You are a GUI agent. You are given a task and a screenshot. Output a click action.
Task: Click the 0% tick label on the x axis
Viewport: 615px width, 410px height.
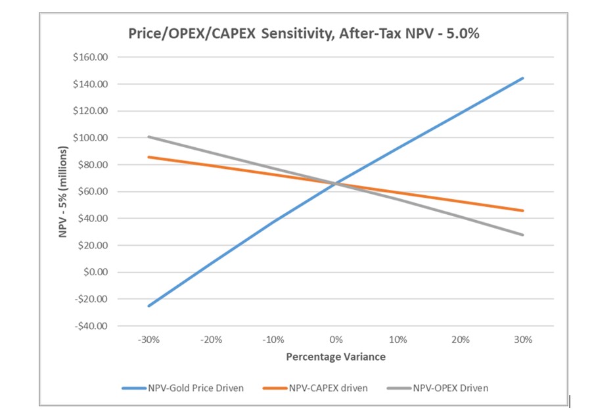tap(336, 340)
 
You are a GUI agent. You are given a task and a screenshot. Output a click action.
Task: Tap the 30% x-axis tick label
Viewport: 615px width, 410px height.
tap(523, 340)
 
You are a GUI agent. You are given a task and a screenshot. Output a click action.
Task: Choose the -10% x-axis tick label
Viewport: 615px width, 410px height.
tap(273, 340)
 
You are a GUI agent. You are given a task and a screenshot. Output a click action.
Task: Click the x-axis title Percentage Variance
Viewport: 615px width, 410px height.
tap(336, 357)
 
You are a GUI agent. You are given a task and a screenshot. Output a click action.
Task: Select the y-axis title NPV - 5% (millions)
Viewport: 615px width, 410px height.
tap(64, 191)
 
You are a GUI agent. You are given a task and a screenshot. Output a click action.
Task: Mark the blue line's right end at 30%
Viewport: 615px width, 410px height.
tap(523, 78)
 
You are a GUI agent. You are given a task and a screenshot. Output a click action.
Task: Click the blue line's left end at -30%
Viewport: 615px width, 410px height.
tap(149, 306)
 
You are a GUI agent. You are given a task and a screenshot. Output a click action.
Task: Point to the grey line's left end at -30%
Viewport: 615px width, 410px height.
tap(149, 137)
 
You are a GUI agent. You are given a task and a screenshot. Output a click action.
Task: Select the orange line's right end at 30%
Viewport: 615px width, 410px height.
tap(523, 210)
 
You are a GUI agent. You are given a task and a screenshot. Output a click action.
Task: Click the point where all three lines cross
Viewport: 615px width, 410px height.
tap(336, 183)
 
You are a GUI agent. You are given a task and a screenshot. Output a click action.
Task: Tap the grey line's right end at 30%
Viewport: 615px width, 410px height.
tap(523, 235)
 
